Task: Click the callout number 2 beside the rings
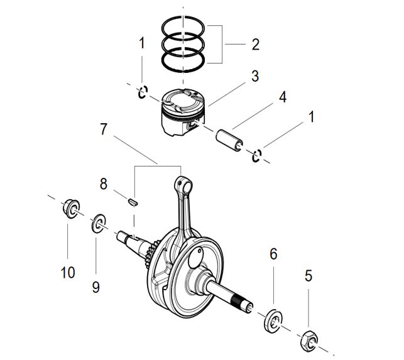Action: click(x=255, y=45)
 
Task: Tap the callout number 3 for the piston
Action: click(x=255, y=76)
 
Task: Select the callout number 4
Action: click(x=283, y=97)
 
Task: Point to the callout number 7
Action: click(x=103, y=129)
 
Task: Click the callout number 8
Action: click(x=103, y=184)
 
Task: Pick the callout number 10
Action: click(x=68, y=273)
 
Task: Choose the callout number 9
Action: click(x=96, y=287)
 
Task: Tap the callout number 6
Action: click(x=273, y=254)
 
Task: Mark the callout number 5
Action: click(x=308, y=276)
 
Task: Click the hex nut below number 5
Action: click(x=309, y=341)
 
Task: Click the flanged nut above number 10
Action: click(x=72, y=209)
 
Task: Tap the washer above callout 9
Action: click(x=99, y=224)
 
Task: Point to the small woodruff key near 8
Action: click(x=133, y=202)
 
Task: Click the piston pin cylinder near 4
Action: click(x=229, y=141)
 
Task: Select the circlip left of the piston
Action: click(x=143, y=92)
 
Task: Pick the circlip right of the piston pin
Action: click(x=257, y=156)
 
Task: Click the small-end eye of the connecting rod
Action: click(x=183, y=185)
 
